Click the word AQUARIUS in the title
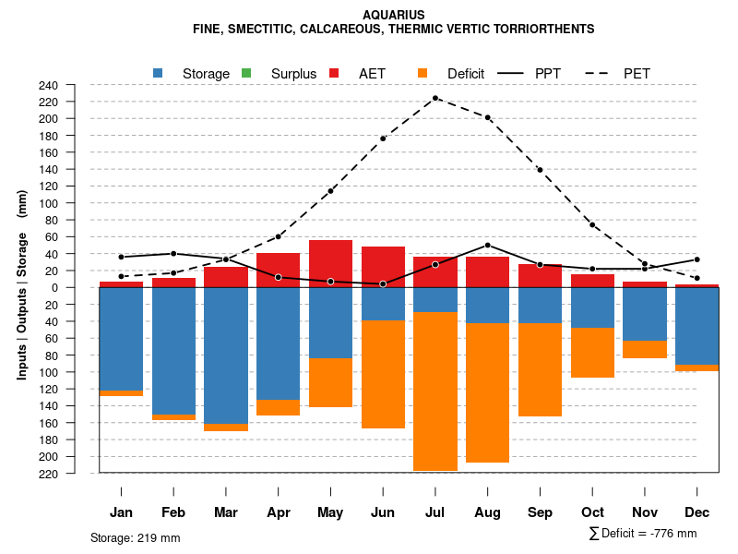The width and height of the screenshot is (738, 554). click(x=394, y=15)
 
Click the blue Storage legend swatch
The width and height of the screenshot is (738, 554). click(x=159, y=73)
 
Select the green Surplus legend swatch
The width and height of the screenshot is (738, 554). click(x=246, y=73)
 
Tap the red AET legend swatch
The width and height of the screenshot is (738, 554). click(x=334, y=73)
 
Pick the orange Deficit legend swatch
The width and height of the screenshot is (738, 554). click(x=423, y=73)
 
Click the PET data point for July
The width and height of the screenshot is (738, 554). click(x=435, y=98)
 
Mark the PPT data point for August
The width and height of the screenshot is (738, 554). click(x=488, y=246)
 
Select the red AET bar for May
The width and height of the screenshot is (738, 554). click(x=330, y=263)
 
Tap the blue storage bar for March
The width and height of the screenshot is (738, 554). click(x=226, y=355)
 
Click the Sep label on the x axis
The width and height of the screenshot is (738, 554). click(x=540, y=512)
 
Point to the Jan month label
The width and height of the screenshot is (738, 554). click(x=121, y=512)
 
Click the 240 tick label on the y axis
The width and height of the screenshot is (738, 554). click(x=74, y=85)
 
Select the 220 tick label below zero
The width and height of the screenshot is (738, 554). click(x=74, y=474)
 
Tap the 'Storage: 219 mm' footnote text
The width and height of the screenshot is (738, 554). click(x=136, y=537)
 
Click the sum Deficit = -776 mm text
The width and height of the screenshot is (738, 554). click(x=643, y=534)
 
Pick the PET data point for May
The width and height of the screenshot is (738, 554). click(x=330, y=191)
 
